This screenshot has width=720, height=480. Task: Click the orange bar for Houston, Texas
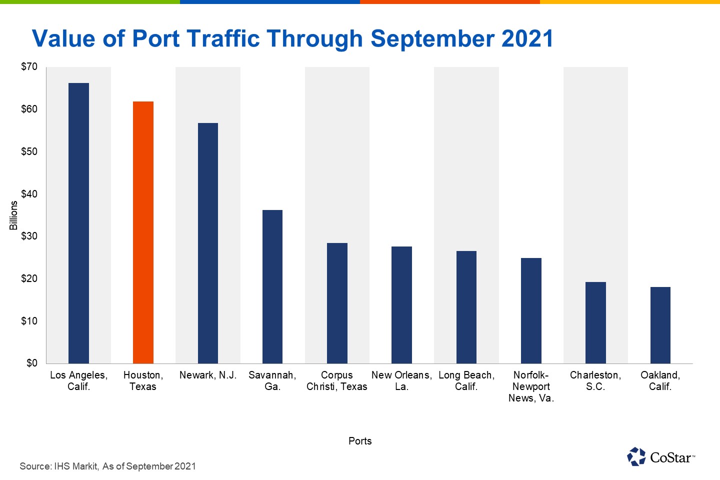(x=143, y=232)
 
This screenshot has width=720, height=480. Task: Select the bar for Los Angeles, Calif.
(x=78, y=223)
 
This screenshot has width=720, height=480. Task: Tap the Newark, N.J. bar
(x=208, y=243)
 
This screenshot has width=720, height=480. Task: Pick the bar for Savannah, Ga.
(x=272, y=286)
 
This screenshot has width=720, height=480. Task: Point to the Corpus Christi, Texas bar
(x=337, y=303)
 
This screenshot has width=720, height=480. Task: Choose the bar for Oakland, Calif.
(x=660, y=325)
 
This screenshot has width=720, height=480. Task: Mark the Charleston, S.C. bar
(x=595, y=322)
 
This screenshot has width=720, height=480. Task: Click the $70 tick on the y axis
(x=29, y=66)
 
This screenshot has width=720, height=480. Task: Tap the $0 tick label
(x=31, y=363)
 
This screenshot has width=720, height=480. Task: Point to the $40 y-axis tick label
(x=29, y=194)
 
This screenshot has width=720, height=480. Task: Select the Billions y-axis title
(x=13, y=215)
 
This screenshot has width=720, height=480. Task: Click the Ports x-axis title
(x=360, y=441)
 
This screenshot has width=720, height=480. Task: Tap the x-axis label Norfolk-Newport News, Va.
(x=531, y=386)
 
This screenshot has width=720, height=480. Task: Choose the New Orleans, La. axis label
(x=401, y=380)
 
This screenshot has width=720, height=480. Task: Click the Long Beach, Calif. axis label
(x=466, y=380)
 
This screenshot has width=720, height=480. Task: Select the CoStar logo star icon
(x=636, y=456)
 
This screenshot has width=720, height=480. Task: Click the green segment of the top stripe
(x=90, y=2)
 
